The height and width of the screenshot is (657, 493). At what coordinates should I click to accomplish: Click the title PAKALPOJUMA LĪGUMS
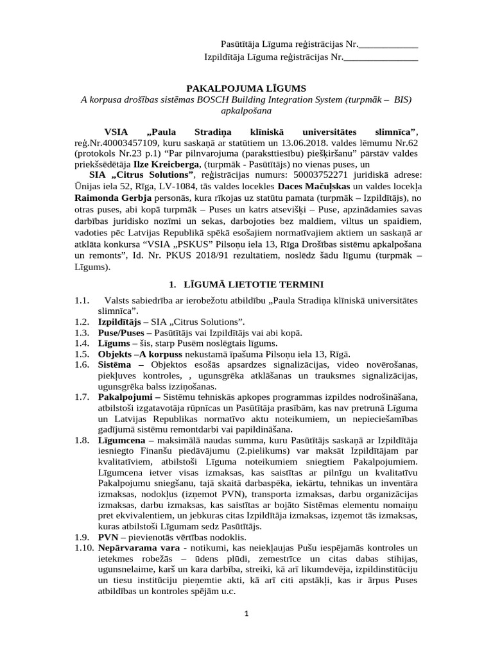click(x=246, y=88)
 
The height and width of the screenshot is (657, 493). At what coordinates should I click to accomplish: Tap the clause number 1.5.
click(x=81, y=354)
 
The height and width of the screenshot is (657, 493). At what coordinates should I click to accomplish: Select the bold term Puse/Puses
click(x=125, y=332)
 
